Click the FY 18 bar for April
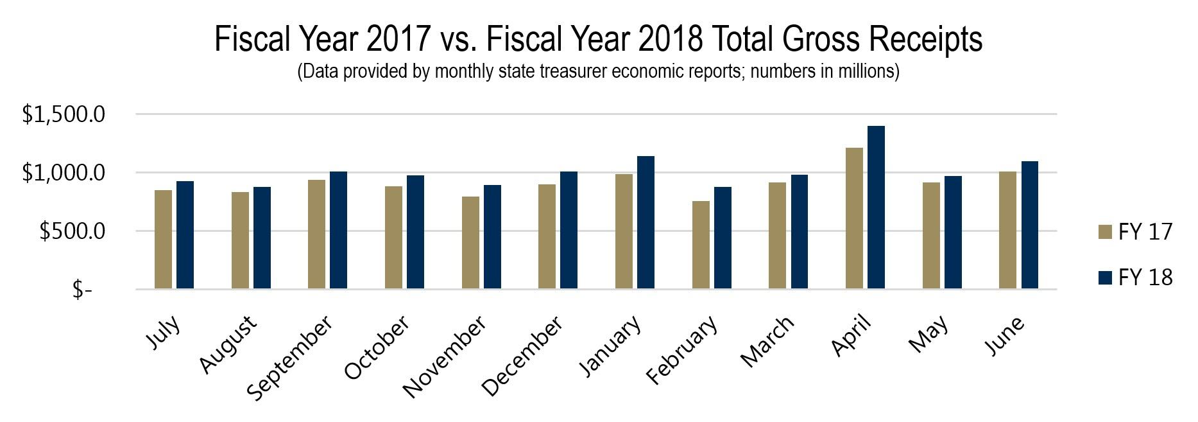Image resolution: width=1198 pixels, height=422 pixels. (x=876, y=207)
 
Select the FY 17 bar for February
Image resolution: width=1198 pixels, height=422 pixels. (x=701, y=245)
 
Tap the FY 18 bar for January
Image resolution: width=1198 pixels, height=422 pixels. (x=646, y=222)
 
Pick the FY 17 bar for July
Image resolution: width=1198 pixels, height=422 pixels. (x=163, y=240)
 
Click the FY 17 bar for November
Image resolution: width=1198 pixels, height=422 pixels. (x=470, y=243)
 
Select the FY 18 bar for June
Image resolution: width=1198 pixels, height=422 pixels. (x=1029, y=225)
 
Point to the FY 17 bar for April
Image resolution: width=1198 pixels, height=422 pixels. (x=854, y=218)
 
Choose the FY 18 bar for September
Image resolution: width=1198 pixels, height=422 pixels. (x=338, y=230)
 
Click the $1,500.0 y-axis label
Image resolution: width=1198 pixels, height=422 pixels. (x=64, y=115)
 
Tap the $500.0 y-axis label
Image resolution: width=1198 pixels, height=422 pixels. (x=72, y=231)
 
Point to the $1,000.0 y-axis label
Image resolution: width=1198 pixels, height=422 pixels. (x=64, y=173)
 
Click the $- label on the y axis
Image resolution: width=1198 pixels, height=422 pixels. (x=82, y=290)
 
